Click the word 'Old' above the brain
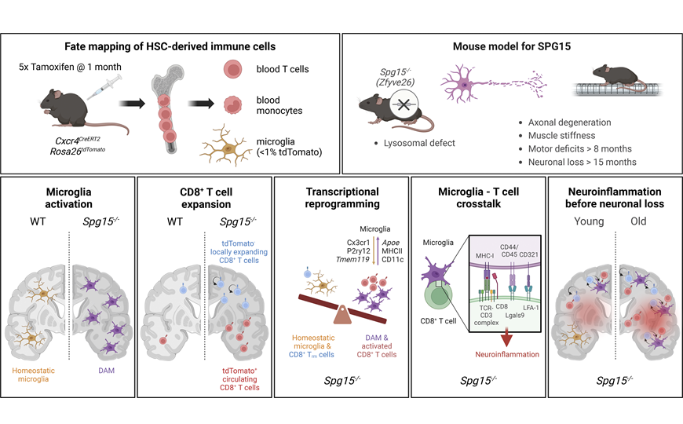pos(638,221)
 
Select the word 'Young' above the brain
pos(589,221)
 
